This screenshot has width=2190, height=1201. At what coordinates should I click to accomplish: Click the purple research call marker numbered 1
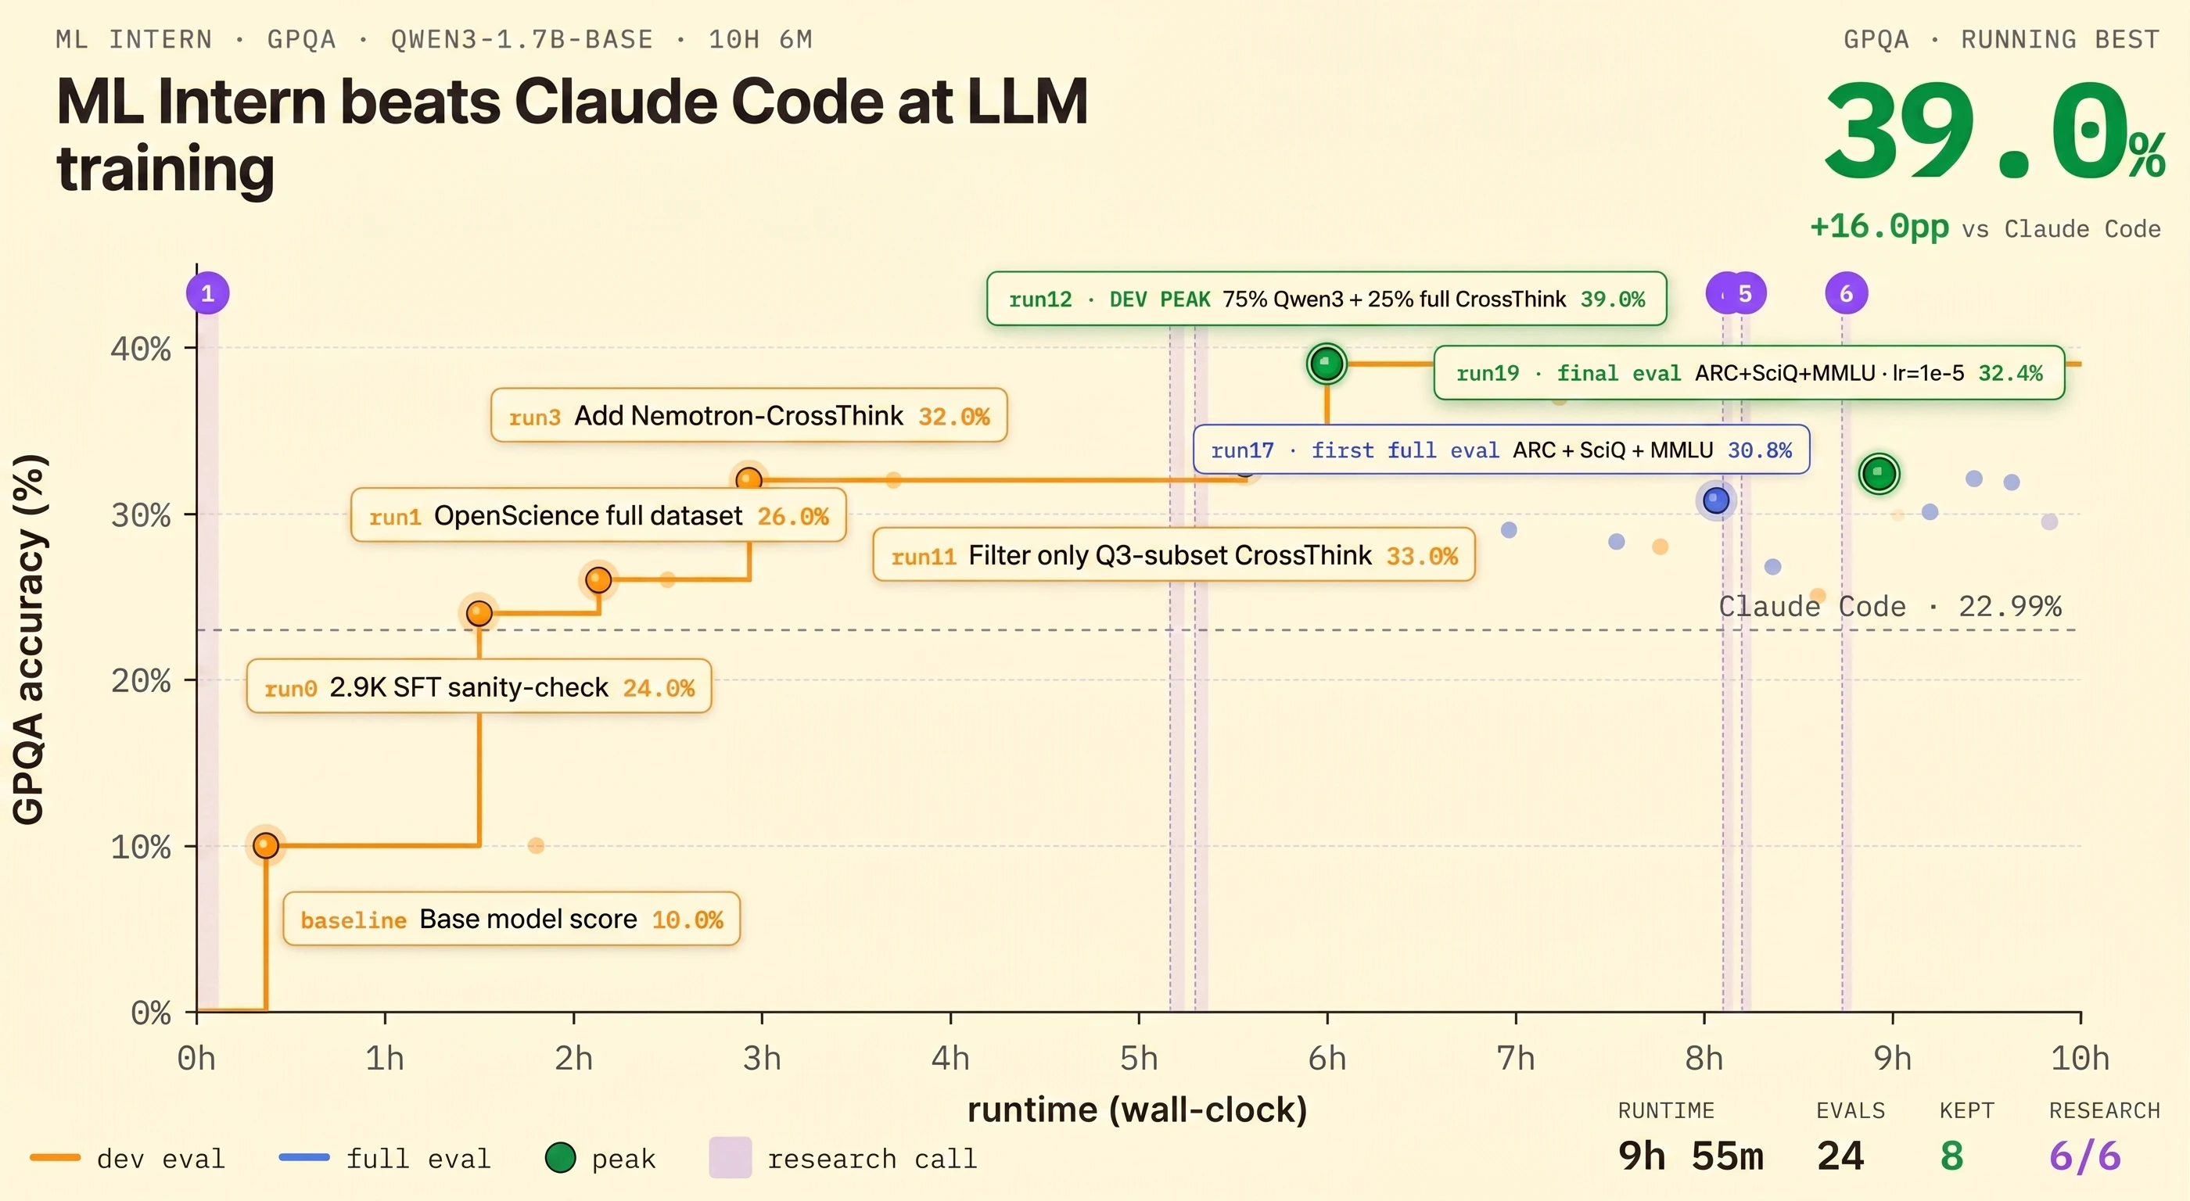point(207,293)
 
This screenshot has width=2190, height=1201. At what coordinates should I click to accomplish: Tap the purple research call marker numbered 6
point(1846,293)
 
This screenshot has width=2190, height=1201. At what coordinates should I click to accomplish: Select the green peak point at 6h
point(1327,364)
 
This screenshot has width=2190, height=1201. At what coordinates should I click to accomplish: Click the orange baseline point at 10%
point(266,845)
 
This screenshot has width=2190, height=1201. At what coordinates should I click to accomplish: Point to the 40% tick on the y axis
point(141,349)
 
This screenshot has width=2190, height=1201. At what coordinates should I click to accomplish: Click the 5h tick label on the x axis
point(1138,1058)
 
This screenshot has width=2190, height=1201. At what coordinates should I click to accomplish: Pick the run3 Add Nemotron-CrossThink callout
point(749,416)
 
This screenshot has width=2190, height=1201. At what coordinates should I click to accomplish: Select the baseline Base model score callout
point(511,919)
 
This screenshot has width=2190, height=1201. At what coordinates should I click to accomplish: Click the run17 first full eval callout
point(1500,450)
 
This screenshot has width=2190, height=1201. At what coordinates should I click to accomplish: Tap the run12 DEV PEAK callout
point(1327,299)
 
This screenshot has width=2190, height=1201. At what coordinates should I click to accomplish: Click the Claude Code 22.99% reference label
point(1889,606)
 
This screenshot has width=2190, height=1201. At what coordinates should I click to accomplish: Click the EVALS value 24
point(1840,1156)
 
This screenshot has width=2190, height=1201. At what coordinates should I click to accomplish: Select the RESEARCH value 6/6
point(2084,1156)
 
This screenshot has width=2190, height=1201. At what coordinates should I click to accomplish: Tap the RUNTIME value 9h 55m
point(1690,1156)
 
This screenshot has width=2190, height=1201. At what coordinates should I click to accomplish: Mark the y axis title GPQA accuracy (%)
point(29,639)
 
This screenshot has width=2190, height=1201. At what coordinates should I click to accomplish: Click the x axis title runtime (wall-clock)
point(1136,1110)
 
